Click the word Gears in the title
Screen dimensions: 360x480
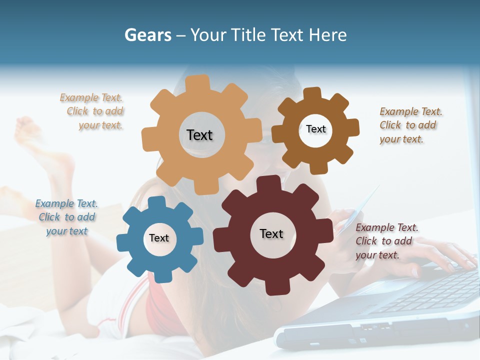[x=147, y=35]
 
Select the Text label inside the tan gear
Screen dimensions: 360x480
[x=199, y=135]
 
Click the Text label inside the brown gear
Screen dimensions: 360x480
[x=315, y=129]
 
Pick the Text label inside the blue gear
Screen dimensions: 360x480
[x=159, y=238]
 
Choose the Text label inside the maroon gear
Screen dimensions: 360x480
[x=271, y=233]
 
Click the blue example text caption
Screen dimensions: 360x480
[x=66, y=217]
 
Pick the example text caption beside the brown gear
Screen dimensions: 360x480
[x=410, y=125]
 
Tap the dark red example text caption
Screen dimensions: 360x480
[x=386, y=241]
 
